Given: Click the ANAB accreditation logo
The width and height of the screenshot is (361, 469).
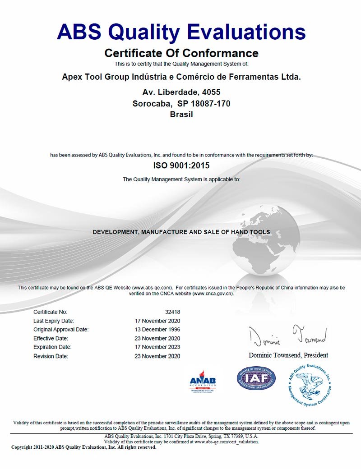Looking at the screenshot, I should click(x=203, y=382).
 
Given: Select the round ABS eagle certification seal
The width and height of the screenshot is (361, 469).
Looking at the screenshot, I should click(x=310, y=384).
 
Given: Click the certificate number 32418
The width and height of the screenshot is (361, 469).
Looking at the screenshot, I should click(x=173, y=312).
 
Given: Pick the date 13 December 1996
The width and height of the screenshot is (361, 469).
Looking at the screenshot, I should click(x=157, y=330).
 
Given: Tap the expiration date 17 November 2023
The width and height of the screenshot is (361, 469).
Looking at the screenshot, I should click(x=157, y=347).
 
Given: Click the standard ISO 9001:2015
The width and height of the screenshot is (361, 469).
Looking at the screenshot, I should click(x=181, y=166).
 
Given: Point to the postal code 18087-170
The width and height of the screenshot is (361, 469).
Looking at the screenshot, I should click(x=211, y=103).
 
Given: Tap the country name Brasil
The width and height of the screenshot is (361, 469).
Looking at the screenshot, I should click(x=181, y=114).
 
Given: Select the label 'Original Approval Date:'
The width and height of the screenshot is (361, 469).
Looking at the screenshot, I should click(x=61, y=330).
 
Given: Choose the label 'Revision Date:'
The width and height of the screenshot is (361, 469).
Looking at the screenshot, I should click(x=51, y=356).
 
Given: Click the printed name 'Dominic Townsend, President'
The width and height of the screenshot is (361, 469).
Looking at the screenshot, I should click(x=288, y=355).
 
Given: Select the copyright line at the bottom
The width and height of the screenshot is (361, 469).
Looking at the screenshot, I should click(x=84, y=447).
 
